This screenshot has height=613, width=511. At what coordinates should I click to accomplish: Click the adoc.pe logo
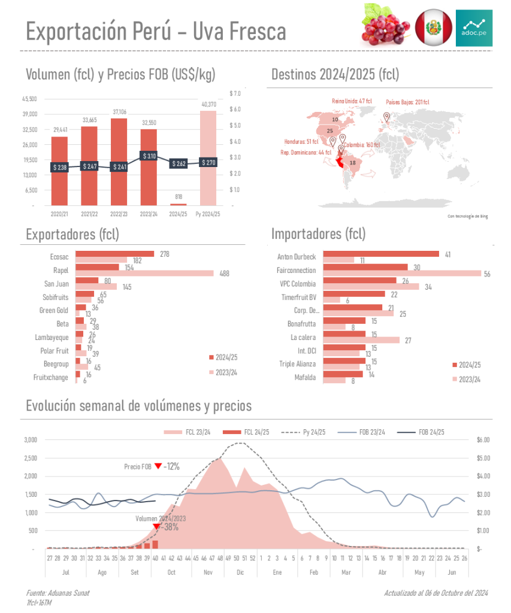(x=474, y=28)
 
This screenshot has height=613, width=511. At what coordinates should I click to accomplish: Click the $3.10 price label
(x=149, y=156)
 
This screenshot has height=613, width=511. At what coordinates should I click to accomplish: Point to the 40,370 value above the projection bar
(x=208, y=105)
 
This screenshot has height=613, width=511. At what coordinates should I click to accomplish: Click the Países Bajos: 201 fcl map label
(x=407, y=102)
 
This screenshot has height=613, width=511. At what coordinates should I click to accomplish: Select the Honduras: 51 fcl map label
(x=301, y=142)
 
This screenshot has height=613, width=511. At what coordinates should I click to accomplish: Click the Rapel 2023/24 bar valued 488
(x=144, y=274)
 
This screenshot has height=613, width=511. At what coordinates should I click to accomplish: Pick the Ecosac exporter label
(x=59, y=256)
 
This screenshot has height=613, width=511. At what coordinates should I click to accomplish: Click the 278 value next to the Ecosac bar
(x=164, y=254)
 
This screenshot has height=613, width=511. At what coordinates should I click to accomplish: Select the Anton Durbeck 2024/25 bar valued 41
(x=380, y=254)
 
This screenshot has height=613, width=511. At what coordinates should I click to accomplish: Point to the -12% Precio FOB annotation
(x=170, y=466)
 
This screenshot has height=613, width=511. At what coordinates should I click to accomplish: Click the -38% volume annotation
(x=171, y=527)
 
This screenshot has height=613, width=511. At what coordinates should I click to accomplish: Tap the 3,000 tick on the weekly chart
(x=31, y=440)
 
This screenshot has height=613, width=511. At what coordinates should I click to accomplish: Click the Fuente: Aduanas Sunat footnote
(x=58, y=593)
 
